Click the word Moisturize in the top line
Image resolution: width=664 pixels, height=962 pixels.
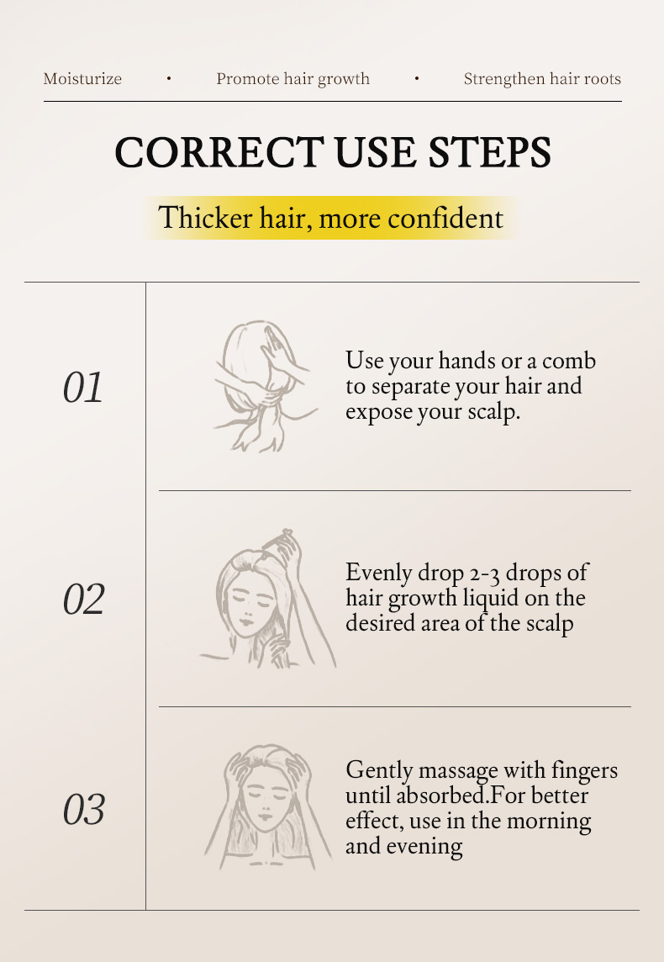(82, 78)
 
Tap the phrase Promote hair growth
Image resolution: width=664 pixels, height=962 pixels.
(292, 79)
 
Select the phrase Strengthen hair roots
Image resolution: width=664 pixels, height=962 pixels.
(542, 79)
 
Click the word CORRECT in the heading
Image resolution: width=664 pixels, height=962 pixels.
(219, 152)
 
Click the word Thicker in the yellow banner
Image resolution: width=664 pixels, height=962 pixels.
(205, 218)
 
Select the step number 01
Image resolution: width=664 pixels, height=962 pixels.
(82, 388)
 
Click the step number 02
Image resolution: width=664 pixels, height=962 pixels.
(83, 599)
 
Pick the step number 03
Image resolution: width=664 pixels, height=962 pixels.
(83, 809)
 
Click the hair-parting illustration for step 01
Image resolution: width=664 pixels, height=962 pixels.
(264, 386)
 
